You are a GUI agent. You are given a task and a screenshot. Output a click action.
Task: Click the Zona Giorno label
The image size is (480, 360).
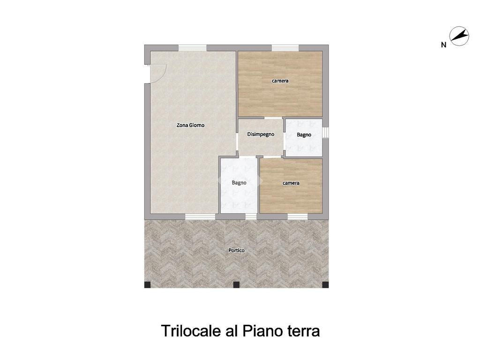[x=190, y=125]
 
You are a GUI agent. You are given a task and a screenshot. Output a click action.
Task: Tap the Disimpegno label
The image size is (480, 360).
[x=261, y=134]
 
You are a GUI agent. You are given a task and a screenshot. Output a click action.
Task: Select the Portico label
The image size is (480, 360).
[x=236, y=250]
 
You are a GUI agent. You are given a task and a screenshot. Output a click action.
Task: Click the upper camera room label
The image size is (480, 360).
[x=280, y=81]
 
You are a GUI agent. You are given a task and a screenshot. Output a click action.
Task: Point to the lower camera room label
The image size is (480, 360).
[x=291, y=183]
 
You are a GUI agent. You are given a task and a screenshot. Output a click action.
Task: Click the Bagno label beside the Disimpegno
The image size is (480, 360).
[x=304, y=135]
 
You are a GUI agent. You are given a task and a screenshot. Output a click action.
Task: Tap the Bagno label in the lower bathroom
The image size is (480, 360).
[x=239, y=183]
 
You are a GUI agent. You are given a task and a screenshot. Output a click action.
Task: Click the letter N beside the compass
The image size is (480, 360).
[x=443, y=45]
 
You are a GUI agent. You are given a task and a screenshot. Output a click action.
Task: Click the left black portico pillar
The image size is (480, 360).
[x=148, y=285]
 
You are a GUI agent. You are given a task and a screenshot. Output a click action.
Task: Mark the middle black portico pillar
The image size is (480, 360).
[x=236, y=285]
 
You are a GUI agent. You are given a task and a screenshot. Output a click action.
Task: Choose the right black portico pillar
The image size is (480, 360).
[x=325, y=285]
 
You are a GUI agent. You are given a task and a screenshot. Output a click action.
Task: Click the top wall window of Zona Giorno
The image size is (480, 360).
[x=193, y=48]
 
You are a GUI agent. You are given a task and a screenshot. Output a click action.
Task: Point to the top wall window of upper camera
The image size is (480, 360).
[x=285, y=48]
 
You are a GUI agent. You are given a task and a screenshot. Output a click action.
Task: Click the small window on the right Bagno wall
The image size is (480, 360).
[x=326, y=132]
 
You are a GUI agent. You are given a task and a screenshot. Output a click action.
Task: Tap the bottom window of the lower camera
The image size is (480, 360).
[x=298, y=217]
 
